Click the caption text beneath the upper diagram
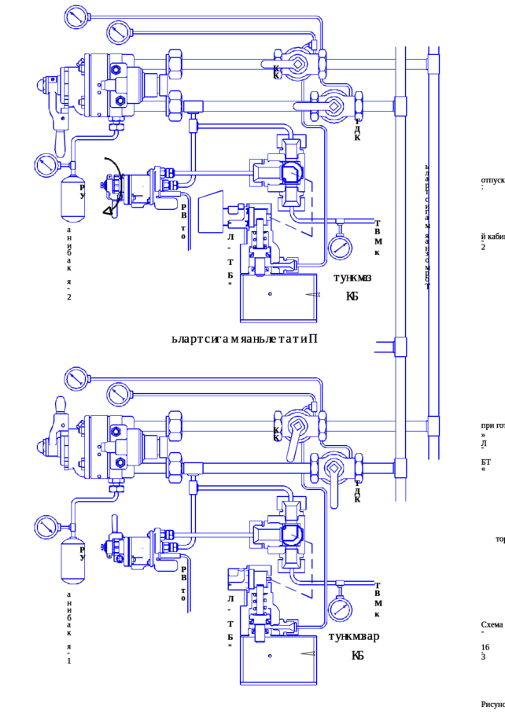pyautogui.click(x=245, y=340)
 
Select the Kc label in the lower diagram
pyautogui.click(x=356, y=653)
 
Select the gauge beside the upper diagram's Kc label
pyautogui.click(x=340, y=248)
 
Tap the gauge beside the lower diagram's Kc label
pyautogui.click(x=340, y=607)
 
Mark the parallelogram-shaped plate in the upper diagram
pyautogui.click(x=211, y=212)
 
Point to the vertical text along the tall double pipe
pyautogui.click(x=429, y=228)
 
